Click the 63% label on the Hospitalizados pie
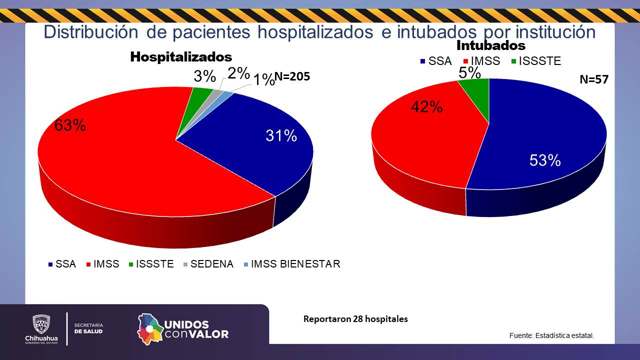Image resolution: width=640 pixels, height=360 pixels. pyautogui.click(x=70, y=125)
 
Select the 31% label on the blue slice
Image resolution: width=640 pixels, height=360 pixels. pyautogui.click(x=281, y=135)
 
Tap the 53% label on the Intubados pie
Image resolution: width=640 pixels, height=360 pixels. pyautogui.click(x=545, y=160)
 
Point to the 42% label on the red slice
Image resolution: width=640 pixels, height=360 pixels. pyautogui.click(x=426, y=106)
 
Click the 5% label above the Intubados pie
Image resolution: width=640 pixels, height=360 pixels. pyautogui.click(x=469, y=73)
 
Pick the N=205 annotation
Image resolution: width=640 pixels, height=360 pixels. pyautogui.click(x=292, y=76)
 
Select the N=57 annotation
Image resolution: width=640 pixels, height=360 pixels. pyautogui.click(x=593, y=79)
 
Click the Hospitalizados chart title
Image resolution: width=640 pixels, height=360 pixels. pyautogui.click(x=181, y=56)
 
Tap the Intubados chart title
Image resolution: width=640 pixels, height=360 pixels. pyautogui.click(x=491, y=45)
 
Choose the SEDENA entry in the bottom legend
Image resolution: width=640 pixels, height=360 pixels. pyautogui.click(x=211, y=264)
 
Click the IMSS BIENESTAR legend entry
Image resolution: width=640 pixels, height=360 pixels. pyautogui.click(x=295, y=264)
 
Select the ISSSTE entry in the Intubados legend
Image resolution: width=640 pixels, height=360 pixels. pyautogui.click(x=539, y=61)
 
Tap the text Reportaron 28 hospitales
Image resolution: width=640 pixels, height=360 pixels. pyautogui.click(x=355, y=319)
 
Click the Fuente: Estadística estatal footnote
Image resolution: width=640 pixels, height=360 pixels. pyautogui.click(x=551, y=335)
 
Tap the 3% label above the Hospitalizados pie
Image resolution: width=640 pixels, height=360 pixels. pyautogui.click(x=204, y=76)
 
